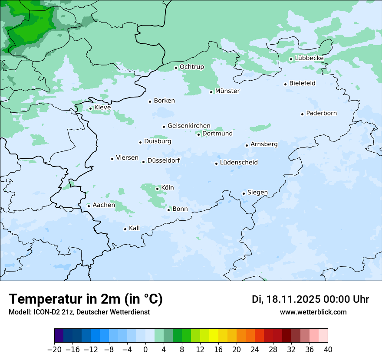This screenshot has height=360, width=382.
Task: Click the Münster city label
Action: coord(227,91)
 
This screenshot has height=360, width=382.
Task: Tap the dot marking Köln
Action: coord(157,189)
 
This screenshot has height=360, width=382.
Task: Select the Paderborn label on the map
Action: coord(321,113)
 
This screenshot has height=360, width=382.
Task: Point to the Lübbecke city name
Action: coord(309,58)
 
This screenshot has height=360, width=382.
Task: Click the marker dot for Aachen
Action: coord(89,206)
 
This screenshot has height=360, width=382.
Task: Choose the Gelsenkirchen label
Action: coord(189,126)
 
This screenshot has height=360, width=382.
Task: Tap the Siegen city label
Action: coord(257,193)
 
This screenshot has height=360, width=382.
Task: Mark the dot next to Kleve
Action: coord(91,109)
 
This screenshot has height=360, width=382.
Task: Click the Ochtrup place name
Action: coord(191,67)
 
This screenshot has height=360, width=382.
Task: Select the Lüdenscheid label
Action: coord(239,163)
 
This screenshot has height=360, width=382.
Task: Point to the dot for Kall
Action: coord(125,229)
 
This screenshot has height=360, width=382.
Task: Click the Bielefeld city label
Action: coord(302,83)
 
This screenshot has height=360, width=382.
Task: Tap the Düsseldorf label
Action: coord(164,160)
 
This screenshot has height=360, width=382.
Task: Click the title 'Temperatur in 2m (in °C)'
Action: coord(86,299)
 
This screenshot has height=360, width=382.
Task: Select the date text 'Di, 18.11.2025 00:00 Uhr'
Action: coord(310,299)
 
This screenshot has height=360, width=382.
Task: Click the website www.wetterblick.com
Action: coord(313,312)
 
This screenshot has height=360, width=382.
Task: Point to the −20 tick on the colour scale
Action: coord(55,350)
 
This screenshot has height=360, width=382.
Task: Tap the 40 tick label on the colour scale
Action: coord(328,350)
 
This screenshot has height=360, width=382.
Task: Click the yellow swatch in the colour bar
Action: coord(214,336)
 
